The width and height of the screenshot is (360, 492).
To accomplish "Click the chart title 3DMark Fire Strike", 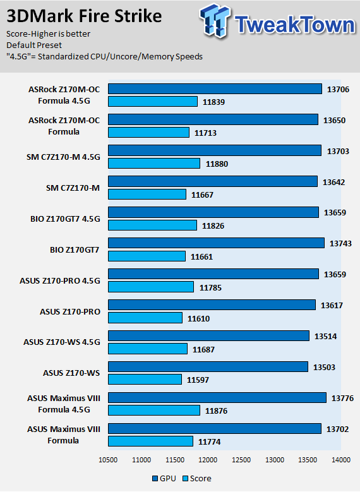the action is [84, 16].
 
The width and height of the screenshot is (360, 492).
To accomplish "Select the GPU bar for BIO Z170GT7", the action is [216, 243].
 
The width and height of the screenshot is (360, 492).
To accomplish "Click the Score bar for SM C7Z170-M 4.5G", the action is [154, 163].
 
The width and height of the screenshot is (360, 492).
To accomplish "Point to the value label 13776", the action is [342, 398].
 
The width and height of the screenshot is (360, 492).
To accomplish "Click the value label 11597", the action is [198, 380].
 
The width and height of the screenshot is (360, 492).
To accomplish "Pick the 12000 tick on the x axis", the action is [208, 460].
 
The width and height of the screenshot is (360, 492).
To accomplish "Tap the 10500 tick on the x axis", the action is [108, 460].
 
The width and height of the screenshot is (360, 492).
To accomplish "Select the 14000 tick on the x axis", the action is [341, 460].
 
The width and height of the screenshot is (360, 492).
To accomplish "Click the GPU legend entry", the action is [164, 479].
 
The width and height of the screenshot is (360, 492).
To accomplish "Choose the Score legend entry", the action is [197, 479].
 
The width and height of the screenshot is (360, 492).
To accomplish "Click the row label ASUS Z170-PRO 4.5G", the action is [60, 280].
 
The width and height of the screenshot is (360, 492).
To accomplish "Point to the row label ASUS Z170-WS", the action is [71, 373].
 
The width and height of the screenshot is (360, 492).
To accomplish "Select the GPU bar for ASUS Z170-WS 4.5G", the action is [208, 336].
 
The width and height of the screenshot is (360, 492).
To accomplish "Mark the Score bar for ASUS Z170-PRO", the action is [145, 318].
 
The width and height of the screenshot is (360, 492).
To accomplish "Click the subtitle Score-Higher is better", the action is [49, 34].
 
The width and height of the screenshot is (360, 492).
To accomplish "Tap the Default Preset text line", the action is [34, 45].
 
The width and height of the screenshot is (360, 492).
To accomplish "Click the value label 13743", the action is [340, 244].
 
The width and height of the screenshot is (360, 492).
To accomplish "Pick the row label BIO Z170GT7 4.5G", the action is [65, 219].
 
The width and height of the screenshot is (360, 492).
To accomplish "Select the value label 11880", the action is [217, 164].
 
